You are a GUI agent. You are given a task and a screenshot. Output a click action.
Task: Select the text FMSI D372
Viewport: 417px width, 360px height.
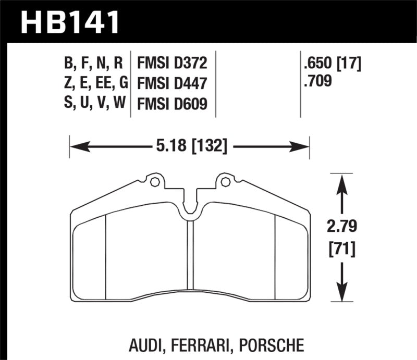click(172, 64)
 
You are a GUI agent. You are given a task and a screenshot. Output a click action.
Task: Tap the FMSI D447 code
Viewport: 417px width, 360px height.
click(172, 83)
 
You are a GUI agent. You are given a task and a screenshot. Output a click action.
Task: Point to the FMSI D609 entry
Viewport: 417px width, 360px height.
click(172, 104)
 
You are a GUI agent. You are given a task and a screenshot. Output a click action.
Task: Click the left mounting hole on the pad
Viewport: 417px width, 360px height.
click(154, 182)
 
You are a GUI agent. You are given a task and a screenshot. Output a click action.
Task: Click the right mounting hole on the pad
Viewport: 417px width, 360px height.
click(225, 182)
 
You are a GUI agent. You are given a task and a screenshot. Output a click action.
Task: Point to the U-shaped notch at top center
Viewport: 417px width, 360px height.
click(190, 206)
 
